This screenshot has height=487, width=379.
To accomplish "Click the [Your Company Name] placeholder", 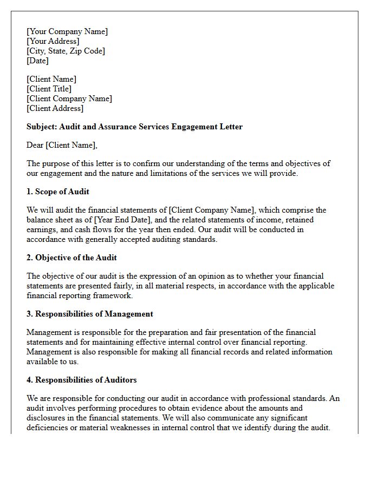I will click(67, 31).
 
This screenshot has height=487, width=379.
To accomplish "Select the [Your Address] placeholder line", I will click(53, 41).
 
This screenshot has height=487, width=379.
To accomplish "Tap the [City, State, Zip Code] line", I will click(66, 51).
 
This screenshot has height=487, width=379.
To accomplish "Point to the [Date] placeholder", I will click(38, 61).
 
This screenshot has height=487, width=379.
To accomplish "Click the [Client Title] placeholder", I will click(49, 89).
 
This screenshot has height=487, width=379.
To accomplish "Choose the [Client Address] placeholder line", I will click(55, 108).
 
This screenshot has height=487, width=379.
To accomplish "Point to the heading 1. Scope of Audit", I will click(58, 192).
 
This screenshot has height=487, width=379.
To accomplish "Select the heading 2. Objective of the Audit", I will click(71, 258).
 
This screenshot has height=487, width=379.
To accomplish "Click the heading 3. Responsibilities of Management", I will click(90, 314).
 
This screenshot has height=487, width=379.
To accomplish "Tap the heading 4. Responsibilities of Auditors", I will click(81, 380).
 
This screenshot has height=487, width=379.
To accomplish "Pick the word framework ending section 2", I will click(114, 295).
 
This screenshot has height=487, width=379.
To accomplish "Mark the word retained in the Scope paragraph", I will click(298, 220).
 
